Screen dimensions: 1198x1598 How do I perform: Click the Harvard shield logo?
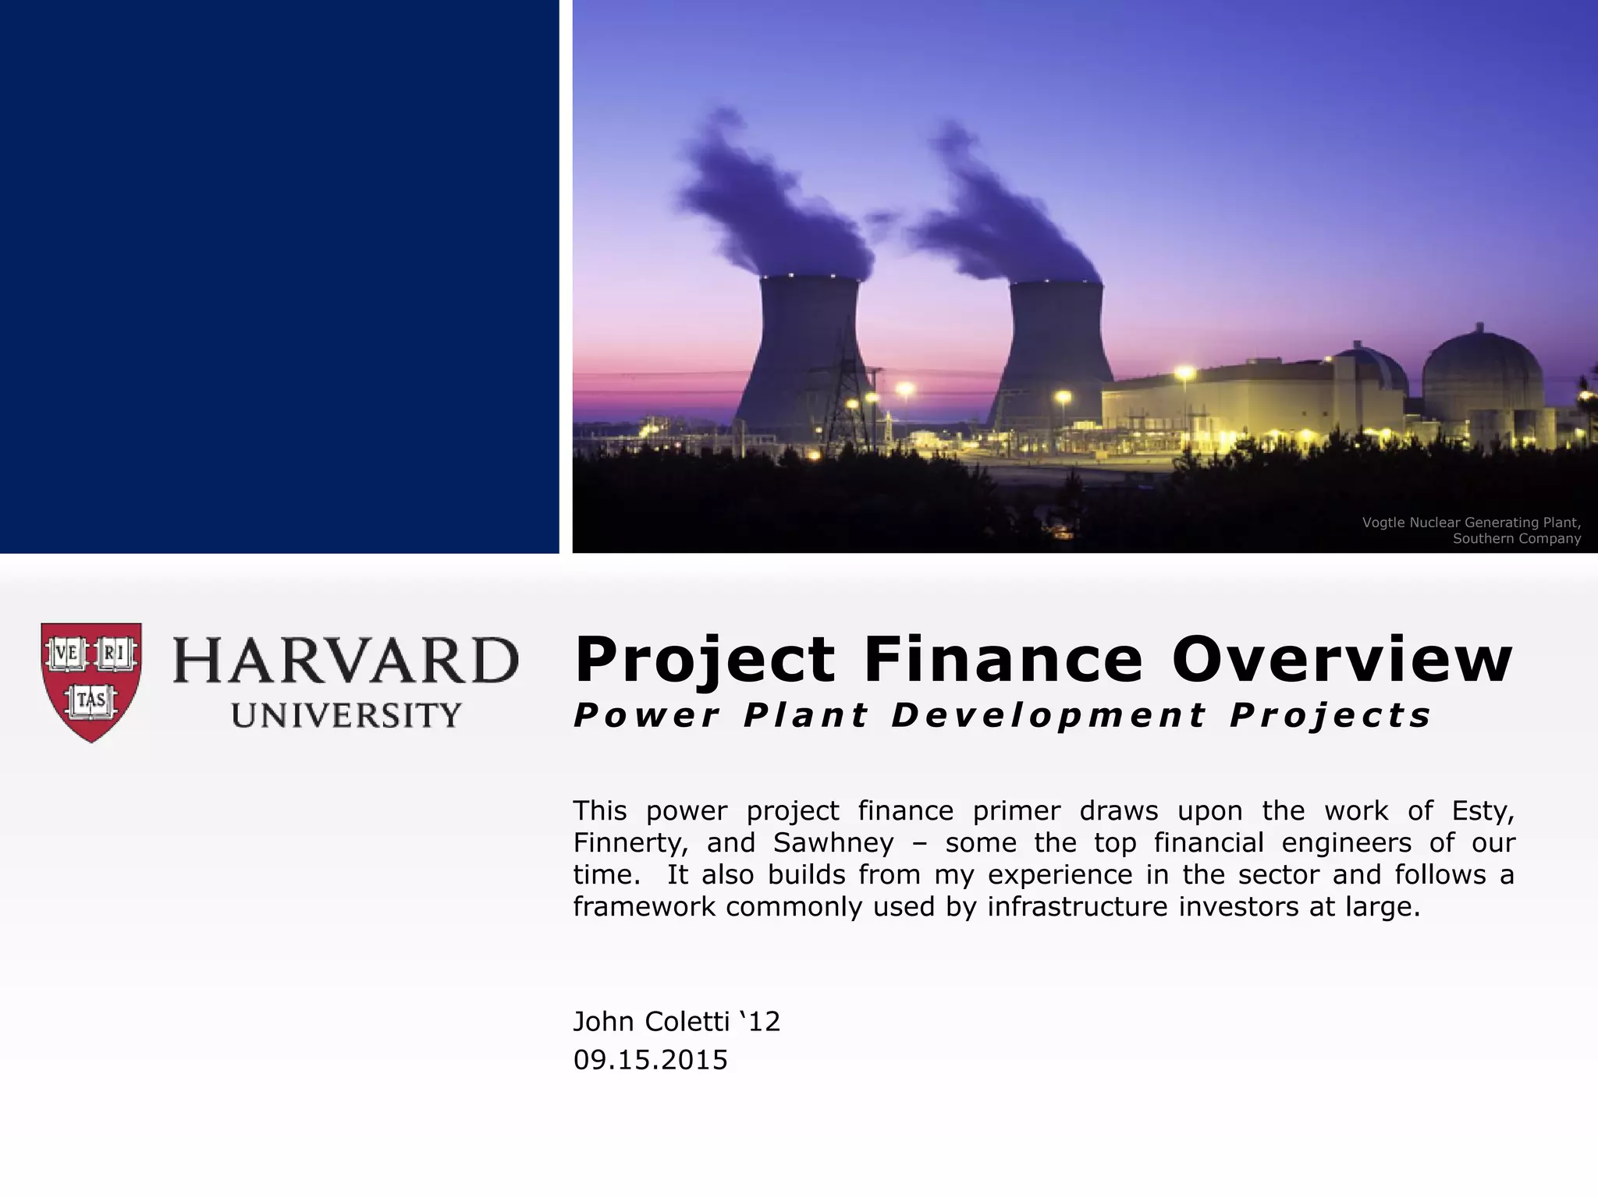(x=91, y=681)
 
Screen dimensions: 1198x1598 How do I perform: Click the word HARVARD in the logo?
(x=345, y=661)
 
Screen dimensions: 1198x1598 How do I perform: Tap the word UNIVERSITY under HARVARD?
(x=346, y=715)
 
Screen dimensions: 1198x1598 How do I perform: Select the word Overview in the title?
(x=1341, y=660)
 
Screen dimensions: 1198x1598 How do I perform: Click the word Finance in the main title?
(x=1003, y=660)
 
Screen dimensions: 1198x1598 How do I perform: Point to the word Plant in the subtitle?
(x=805, y=715)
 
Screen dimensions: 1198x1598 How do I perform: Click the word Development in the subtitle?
(x=1049, y=715)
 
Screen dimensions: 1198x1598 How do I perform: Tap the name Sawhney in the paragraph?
(x=833, y=843)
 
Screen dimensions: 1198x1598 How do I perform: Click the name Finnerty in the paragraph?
(x=630, y=843)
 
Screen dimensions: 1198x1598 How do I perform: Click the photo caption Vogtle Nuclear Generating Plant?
(x=1471, y=523)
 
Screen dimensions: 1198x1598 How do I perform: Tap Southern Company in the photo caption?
(x=1516, y=539)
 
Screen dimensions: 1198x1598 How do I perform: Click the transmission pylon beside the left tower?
(x=847, y=398)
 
